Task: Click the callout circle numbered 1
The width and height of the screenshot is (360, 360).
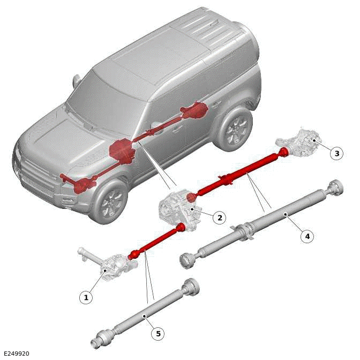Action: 86,297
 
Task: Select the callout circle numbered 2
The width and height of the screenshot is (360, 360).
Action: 219,217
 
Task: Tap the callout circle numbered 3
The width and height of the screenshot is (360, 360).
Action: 336,154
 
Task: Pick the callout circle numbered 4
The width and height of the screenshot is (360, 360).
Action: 307,236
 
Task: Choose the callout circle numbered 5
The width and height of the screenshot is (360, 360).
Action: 157,334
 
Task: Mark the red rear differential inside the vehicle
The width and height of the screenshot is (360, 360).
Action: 196,111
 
